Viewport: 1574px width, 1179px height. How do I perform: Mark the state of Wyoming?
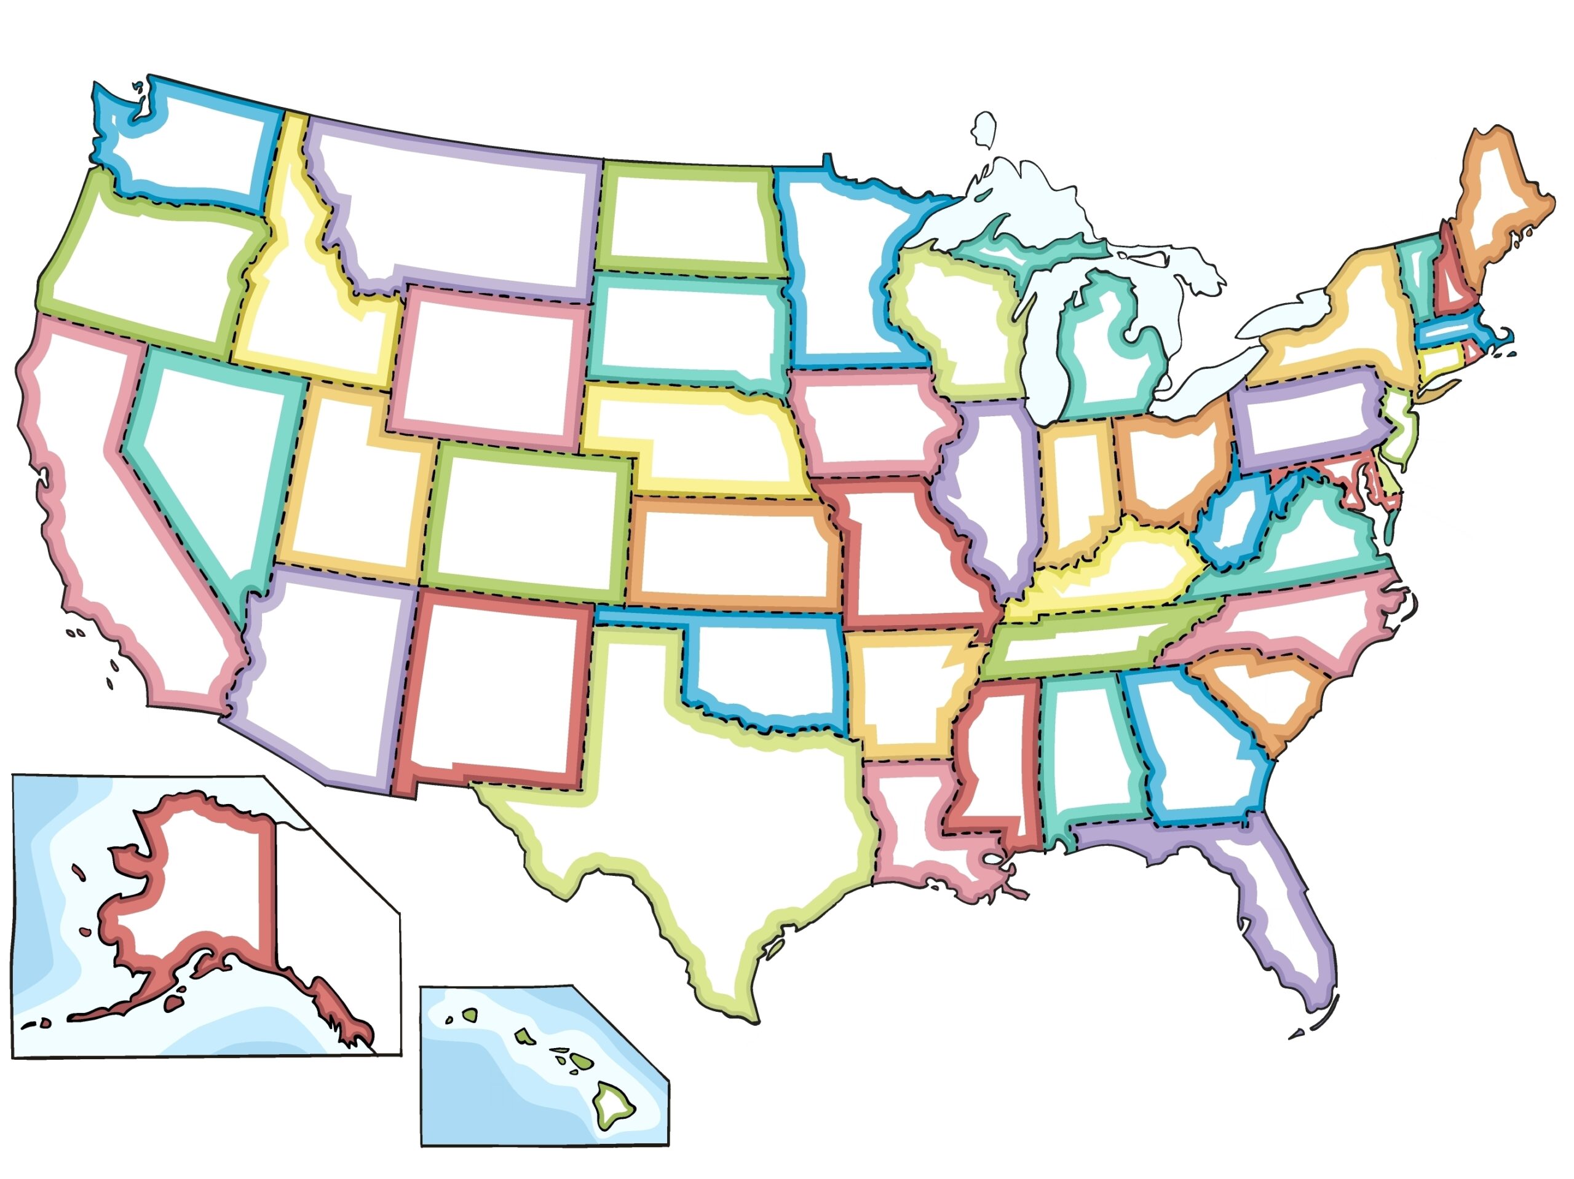coord(491,363)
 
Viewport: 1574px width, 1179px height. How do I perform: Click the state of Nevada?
coord(213,455)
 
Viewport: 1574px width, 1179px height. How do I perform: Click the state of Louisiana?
coord(904,826)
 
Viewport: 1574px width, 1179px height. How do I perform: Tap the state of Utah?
coord(349,491)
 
